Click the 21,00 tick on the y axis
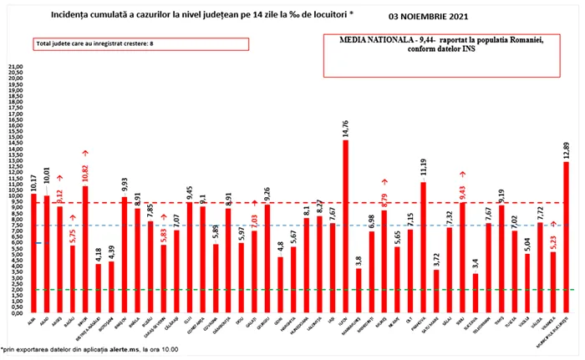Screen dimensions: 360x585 15,65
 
